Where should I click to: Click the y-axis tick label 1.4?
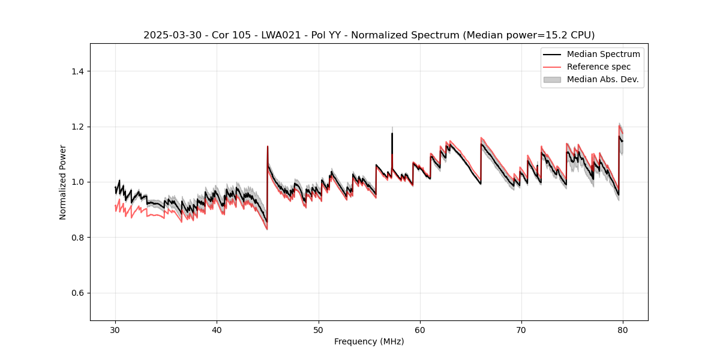(77, 71)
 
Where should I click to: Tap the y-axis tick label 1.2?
(77, 127)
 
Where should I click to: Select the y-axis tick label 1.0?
(77, 182)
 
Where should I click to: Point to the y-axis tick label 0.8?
(77, 238)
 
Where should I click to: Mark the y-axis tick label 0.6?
(77, 293)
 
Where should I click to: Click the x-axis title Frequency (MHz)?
(369, 341)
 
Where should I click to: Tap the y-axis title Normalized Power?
(63, 182)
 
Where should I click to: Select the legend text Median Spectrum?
(603, 54)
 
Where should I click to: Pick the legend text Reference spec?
(599, 67)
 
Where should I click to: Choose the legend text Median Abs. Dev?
(602, 79)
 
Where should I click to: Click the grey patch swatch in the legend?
(552, 79)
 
